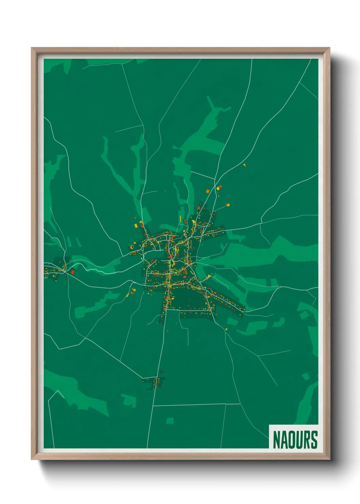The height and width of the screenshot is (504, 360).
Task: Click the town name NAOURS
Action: pos(295,440)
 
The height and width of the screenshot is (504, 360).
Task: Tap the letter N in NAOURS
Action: pos(276,440)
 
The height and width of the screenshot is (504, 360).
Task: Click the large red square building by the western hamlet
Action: pos(72,272)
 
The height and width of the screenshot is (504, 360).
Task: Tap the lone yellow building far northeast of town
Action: pos(244,165)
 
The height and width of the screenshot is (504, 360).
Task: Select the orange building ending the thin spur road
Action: pos(228,205)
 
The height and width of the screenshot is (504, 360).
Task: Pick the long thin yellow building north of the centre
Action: pos(180,218)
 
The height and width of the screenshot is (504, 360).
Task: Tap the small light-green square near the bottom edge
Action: pos(170,421)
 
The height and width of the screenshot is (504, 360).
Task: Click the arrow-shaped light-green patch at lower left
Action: pos(129,400)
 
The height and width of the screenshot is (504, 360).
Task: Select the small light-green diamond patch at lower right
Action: pos(306,376)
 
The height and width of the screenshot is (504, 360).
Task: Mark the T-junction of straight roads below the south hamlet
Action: pos(153,406)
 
